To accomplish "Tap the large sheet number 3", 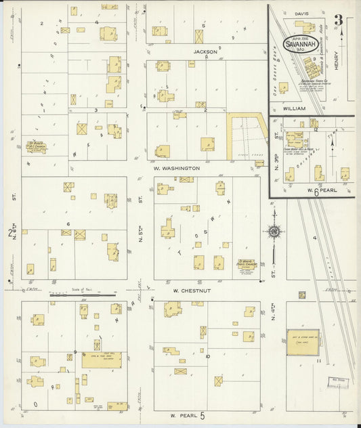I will click(x=346, y=20).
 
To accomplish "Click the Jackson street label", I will click(x=205, y=51).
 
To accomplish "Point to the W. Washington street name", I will click(x=176, y=168).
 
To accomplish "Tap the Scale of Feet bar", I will click(x=83, y=294).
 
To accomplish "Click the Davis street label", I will click(x=302, y=13).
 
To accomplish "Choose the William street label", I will click(x=295, y=108).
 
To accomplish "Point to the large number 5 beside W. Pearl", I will click(x=201, y=414).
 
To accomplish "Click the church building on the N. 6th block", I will click(x=35, y=146).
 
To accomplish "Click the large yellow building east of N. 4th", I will click(x=303, y=344).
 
